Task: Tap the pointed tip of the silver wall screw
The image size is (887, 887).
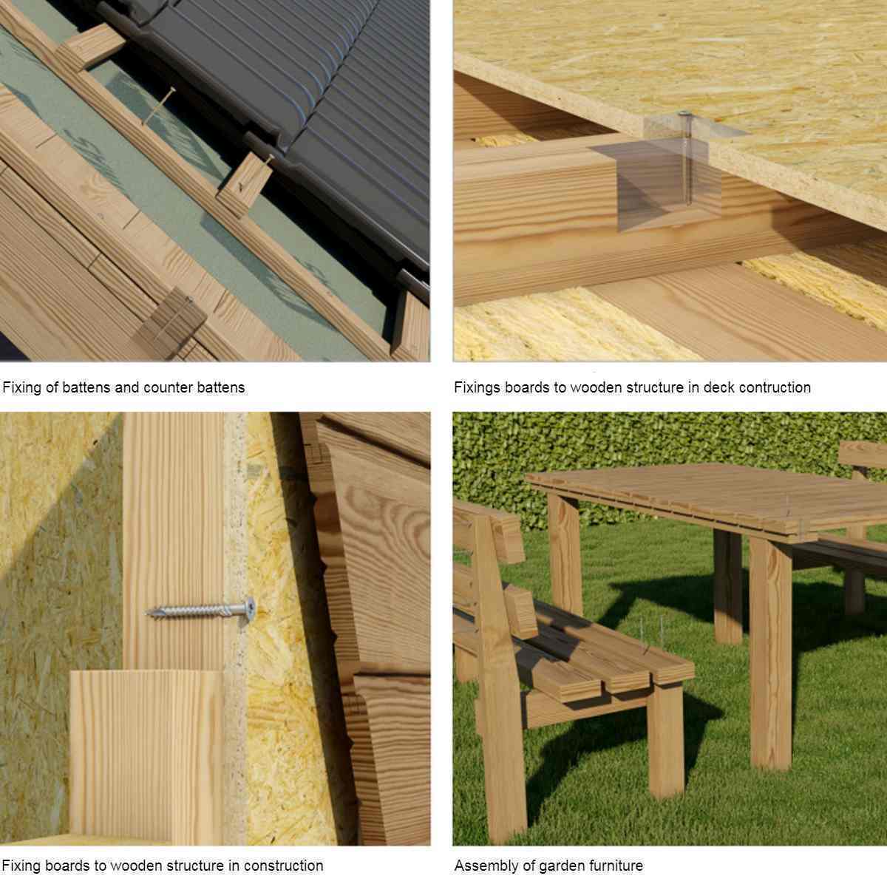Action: [x=146, y=613]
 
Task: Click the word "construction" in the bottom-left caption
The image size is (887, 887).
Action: [x=283, y=866]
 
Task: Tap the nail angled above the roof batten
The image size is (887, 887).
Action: [x=159, y=106]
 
